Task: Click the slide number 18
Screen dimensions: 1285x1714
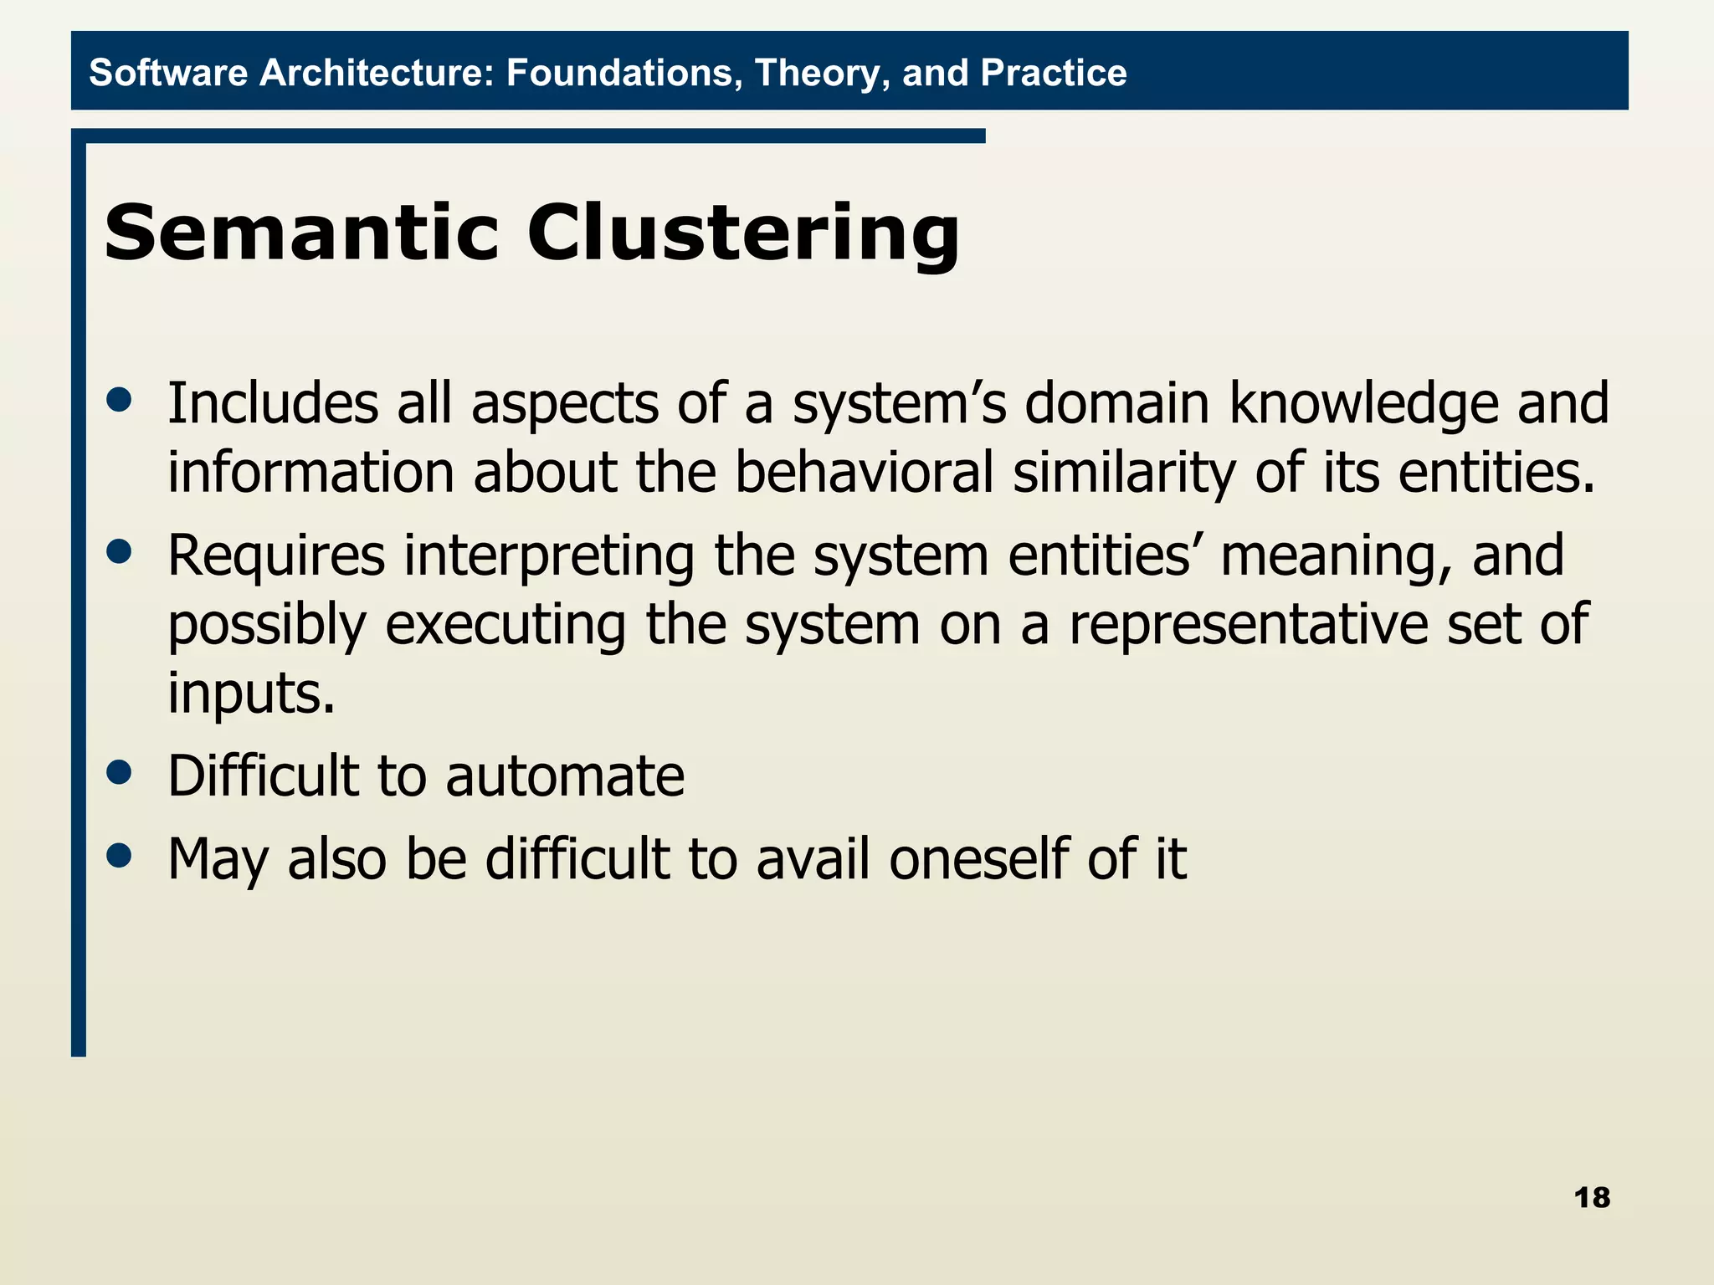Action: pyautogui.click(x=1592, y=1198)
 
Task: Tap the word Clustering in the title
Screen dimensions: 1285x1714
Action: pyautogui.click(x=743, y=234)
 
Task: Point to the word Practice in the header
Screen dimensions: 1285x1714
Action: pyautogui.click(x=1054, y=73)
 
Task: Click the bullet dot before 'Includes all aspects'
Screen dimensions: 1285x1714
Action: pyautogui.click(x=120, y=400)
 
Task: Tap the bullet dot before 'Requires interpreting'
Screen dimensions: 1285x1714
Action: pyautogui.click(x=120, y=552)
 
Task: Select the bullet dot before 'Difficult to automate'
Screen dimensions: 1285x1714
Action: pyautogui.click(x=120, y=772)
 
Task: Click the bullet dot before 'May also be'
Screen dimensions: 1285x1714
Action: pyautogui.click(x=120, y=856)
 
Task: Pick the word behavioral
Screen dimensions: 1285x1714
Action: pyautogui.click(x=864, y=473)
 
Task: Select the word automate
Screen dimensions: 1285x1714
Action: pyautogui.click(x=565, y=776)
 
